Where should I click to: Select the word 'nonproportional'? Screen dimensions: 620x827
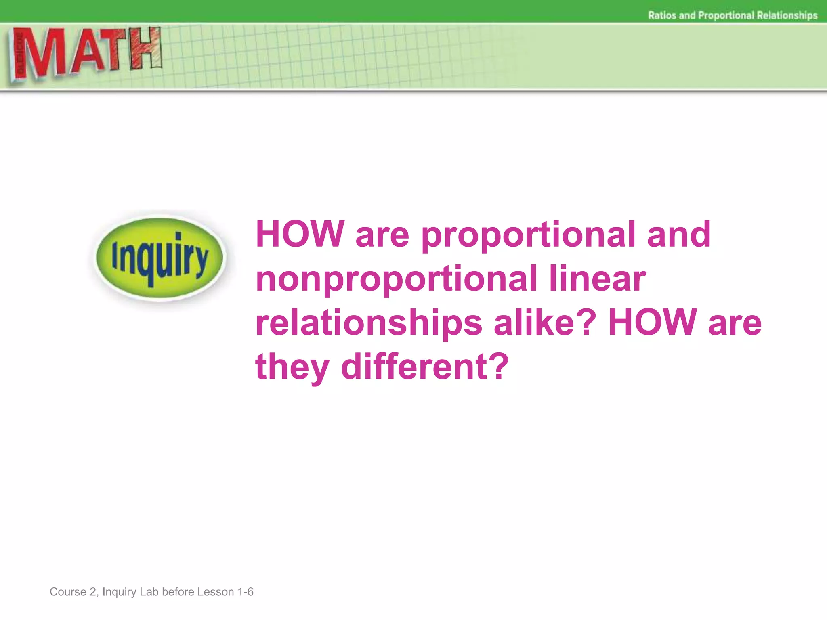[x=396, y=279]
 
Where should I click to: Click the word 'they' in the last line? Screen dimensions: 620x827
[x=292, y=367]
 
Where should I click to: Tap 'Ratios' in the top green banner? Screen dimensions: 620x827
[x=662, y=15]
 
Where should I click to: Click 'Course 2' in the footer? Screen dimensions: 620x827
[x=73, y=592]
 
